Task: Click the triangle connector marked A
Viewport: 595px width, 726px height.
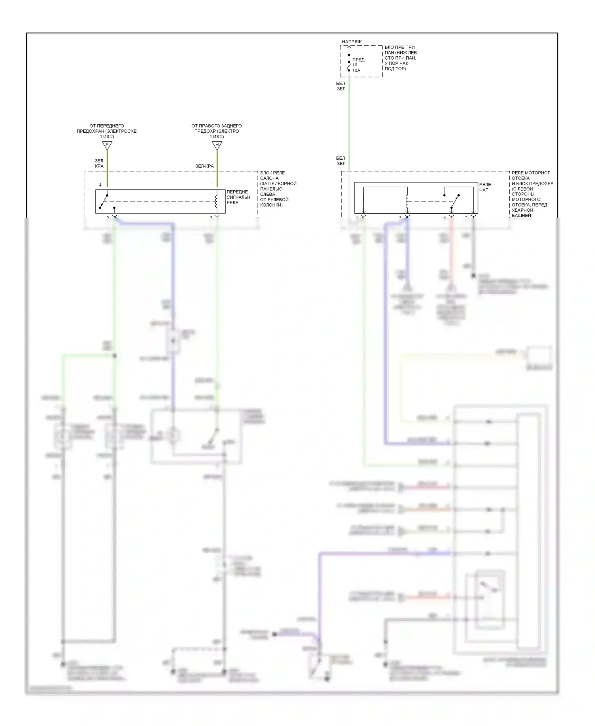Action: [x=107, y=145]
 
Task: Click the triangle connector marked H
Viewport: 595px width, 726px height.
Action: [x=217, y=145]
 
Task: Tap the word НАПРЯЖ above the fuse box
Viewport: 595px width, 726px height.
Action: [x=352, y=42]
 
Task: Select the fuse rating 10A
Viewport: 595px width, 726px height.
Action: [x=356, y=70]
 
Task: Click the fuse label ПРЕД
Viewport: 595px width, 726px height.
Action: [x=358, y=60]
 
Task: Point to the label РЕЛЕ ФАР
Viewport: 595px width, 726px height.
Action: [x=485, y=187]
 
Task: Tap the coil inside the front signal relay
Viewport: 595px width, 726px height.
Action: [x=216, y=201]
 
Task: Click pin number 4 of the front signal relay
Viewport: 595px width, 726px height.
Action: [x=100, y=185]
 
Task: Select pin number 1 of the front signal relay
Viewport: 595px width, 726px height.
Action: [x=212, y=185]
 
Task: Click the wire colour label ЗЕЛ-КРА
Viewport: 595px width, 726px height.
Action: [x=204, y=166]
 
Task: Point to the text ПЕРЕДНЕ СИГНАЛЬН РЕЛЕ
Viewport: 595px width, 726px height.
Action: [x=238, y=197]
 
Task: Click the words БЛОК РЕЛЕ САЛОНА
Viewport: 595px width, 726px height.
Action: [x=272, y=175]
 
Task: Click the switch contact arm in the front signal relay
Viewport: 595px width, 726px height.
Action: [x=104, y=201]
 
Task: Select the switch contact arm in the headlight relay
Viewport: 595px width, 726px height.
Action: [x=455, y=201]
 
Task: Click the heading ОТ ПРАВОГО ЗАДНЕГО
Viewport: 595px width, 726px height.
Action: [x=217, y=126]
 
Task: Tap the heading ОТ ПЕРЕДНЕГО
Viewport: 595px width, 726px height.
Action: [x=106, y=126]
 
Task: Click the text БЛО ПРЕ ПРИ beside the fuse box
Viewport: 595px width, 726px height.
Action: [x=399, y=47]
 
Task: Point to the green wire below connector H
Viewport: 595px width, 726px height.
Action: [x=217, y=167]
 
